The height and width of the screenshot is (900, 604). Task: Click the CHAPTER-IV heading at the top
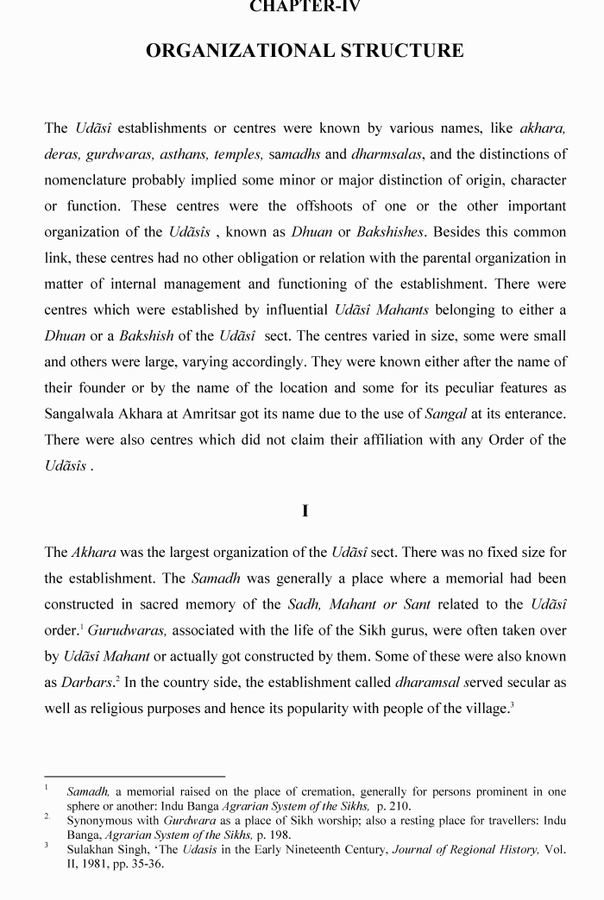[x=305, y=7]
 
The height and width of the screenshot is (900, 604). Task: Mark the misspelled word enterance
[x=532, y=414]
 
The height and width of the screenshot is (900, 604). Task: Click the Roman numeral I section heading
[x=305, y=511]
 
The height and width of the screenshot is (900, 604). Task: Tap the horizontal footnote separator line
[x=135, y=776]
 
